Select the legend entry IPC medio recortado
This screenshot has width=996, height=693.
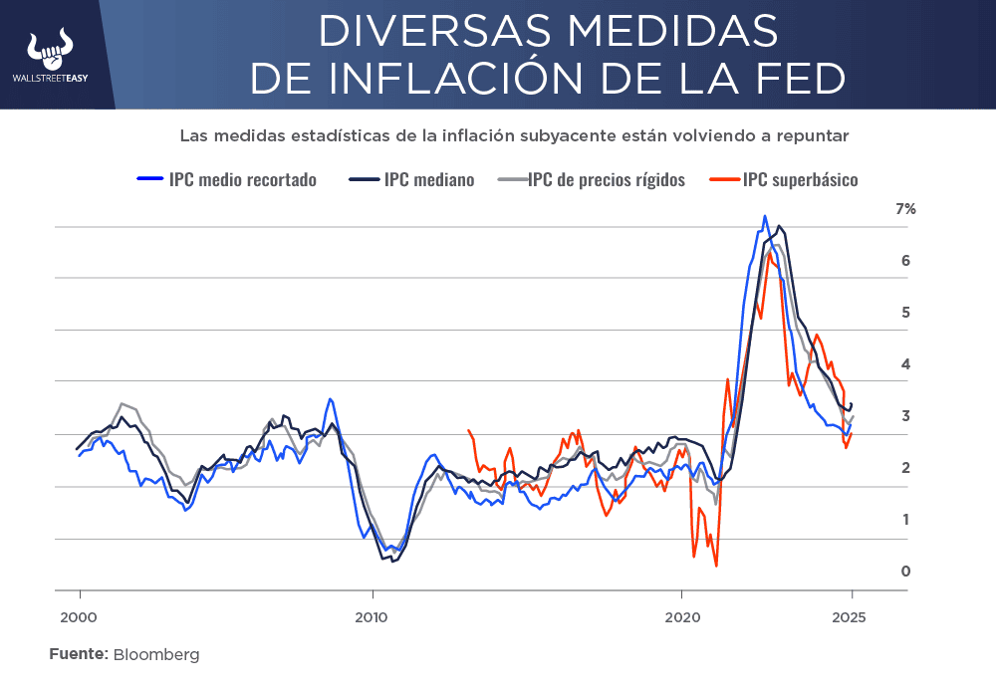point(242,180)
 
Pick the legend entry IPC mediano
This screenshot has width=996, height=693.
point(428,180)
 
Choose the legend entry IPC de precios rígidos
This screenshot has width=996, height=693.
point(606,180)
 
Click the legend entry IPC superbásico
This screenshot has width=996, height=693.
point(800,180)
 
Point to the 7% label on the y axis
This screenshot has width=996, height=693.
point(905,209)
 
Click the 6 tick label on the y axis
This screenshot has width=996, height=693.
point(905,261)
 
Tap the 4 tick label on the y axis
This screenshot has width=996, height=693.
point(905,364)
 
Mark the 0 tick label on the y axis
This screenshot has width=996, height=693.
point(905,572)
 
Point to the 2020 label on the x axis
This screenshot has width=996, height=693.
point(682,616)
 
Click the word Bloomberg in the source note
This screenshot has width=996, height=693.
point(156,654)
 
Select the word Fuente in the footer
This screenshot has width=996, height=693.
point(78,654)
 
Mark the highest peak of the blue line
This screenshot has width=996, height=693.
point(765,216)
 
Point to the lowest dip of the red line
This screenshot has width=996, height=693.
point(716,567)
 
